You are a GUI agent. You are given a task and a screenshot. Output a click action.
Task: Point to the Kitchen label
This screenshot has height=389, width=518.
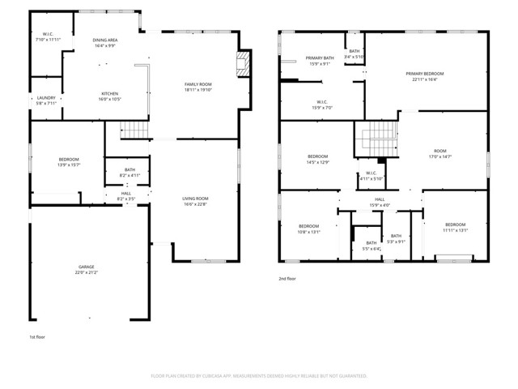coord(109,96)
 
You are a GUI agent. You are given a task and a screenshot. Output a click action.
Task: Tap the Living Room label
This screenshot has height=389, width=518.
coord(195,202)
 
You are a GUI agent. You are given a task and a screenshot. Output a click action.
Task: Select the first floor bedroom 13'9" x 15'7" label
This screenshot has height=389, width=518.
coord(68,162)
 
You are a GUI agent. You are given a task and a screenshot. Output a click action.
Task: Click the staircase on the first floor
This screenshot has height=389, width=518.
coord(131,129)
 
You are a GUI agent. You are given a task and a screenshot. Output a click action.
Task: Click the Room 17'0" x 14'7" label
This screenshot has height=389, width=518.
coord(439,154)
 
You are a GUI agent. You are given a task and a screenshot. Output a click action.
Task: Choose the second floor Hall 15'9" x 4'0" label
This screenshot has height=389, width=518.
coord(379,203)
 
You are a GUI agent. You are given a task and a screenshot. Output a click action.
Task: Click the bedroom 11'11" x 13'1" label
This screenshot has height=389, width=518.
coord(455,228)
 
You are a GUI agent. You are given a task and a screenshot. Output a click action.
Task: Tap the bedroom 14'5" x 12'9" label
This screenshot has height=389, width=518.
coord(316,160)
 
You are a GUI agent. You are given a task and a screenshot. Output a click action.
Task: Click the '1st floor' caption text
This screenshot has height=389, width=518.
coord(37,336)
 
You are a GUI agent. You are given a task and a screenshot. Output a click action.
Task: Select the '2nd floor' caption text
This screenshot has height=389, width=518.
coord(287,278)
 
